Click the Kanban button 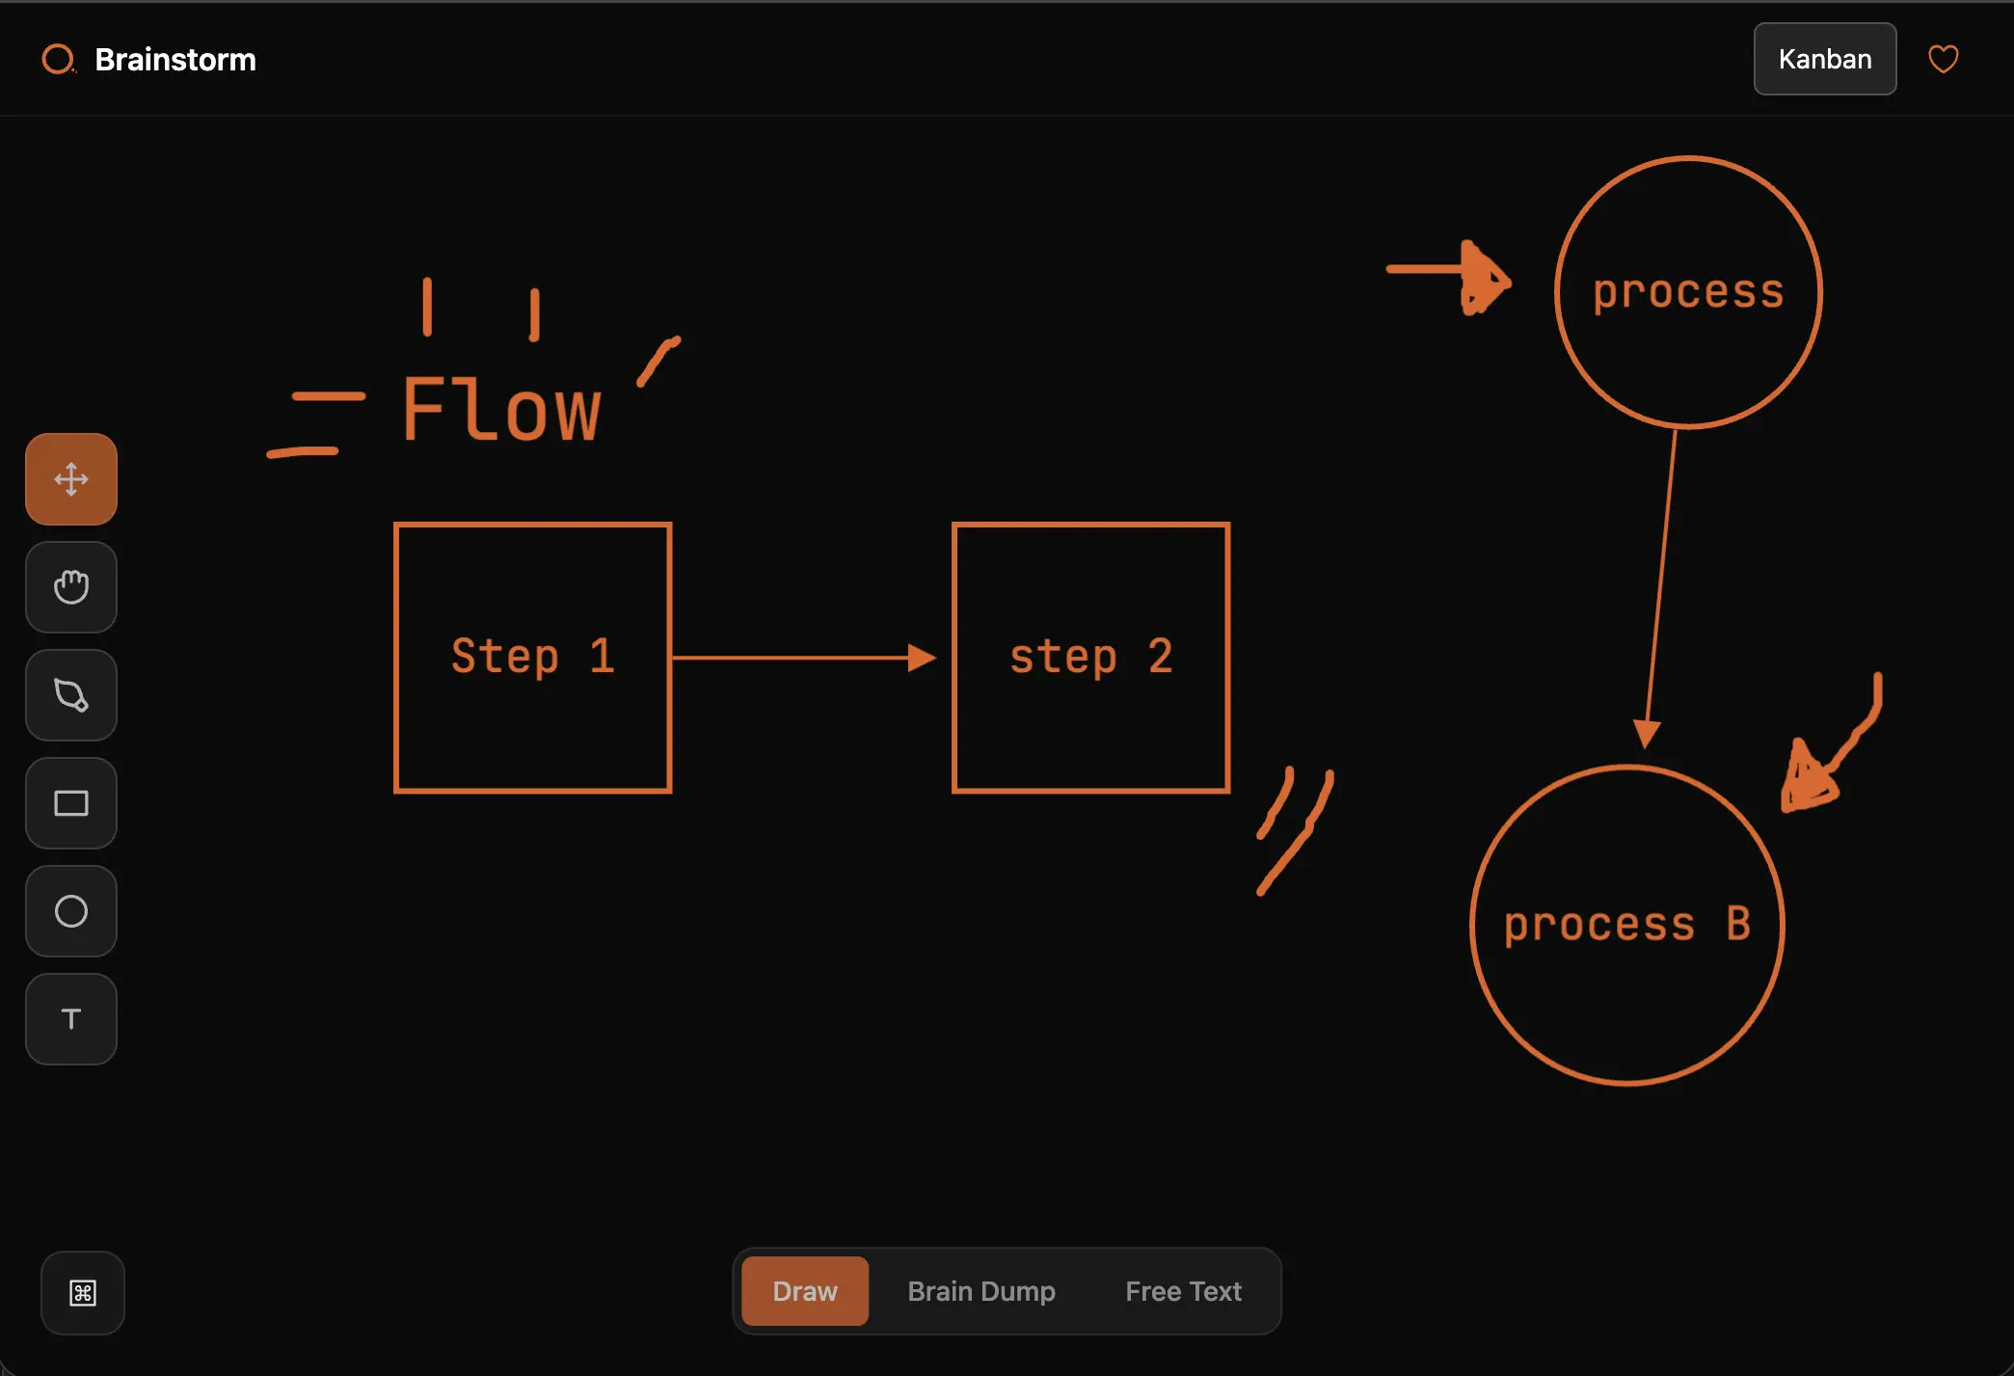tap(1824, 59)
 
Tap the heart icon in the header tap(1943, 59)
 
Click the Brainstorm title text tap(175, 60)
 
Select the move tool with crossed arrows tap(71, 479)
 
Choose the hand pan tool tap(71, 587)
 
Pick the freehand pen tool tap(71, 695)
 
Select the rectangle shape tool tap(71, 803)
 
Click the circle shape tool tap(71, 911)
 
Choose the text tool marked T tap(71, 1019)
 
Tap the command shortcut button tap(83, 1293)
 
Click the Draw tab tap(805, 1291)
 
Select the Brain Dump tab tap(981, 1291)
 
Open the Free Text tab tap(1183, 1291)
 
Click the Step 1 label tap(532, 657)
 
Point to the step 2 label tap(1090, 657)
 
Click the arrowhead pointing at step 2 tap(923, 658)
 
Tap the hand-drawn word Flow tap(501, 410)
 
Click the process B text tap(1626, 924)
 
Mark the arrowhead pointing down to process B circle tap(1646, 734)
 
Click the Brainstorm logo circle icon tap(58, 59)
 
